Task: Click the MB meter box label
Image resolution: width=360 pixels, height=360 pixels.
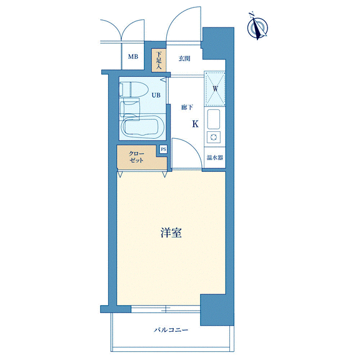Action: click(x=133, y=56)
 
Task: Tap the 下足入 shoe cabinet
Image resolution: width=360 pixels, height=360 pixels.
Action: click(x=159, y=60)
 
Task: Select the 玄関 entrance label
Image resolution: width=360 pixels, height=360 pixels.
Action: click(x=184, y=59)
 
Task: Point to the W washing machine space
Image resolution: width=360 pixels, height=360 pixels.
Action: click(x=215, y=89)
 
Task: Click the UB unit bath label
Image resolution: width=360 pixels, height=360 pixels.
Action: click(x=156, y=95)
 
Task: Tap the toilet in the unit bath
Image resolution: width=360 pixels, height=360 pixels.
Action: click(x=132, y=90)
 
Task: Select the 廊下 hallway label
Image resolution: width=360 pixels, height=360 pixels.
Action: click(x=187, y=107)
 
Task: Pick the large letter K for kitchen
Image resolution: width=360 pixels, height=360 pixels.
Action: click(x=195, y=124)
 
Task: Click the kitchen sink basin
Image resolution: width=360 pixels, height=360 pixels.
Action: click(x=214, y=119)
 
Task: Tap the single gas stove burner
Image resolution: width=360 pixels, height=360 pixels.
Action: click(x=214, y=137)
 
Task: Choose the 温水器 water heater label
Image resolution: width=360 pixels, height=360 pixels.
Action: click(x=214, y=157)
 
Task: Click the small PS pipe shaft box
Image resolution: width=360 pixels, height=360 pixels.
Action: click(x=164, y=149)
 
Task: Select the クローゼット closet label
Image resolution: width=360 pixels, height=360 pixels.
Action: click(x=136, y=157)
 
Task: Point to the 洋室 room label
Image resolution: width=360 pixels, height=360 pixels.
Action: click(x=171, y=232)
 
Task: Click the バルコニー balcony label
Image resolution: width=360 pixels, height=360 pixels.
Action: click(x=171, y=330)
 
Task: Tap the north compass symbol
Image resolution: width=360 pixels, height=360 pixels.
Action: click(x=257, y=27)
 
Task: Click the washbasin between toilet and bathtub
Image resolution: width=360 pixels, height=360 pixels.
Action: click(x=130, y=109)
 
